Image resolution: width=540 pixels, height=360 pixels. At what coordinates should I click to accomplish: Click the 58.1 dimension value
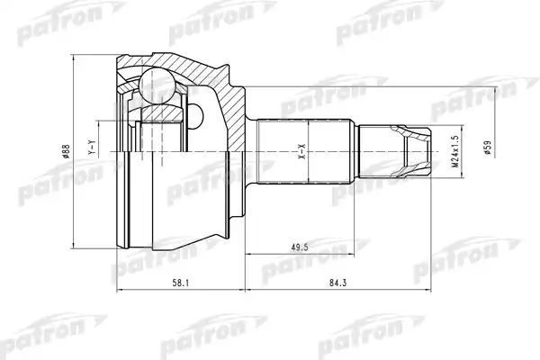[180, 283]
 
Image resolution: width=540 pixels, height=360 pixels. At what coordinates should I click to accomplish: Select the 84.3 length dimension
[337, 283]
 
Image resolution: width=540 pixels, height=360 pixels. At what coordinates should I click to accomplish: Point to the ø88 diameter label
[67, 151]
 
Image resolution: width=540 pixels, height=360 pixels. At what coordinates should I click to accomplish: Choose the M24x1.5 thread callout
[455, 151]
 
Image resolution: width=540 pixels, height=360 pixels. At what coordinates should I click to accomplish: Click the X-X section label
[302, 151]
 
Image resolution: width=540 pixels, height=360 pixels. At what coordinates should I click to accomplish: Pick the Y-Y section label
[91, 148]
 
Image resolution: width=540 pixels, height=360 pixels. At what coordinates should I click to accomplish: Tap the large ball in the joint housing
[157, 85]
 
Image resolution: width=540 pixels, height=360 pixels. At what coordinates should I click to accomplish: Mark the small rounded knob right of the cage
[196, 115]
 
